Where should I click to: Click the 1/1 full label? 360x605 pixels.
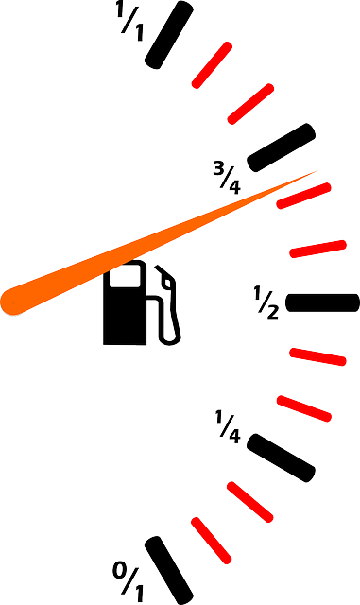click(x=130, y=23)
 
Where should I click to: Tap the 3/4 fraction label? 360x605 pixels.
click(x=227, y=178)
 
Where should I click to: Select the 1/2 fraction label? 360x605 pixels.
click(x=266, y=302)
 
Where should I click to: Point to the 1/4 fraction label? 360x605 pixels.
click(x=228, y=426)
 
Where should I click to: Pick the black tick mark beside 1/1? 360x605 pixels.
click(x=169, y=35)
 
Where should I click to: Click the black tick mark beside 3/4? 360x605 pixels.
click(x=282, y=147)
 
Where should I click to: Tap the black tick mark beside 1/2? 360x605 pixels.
click(x=322, y=302)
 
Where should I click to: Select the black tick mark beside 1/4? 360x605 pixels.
click(x=282, y=458)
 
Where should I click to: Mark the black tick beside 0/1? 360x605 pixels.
click(x=169, y=570)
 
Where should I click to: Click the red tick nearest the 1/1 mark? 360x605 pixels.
click(x=213, y=65)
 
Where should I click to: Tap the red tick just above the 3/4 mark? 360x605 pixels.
click(x=250, y=104)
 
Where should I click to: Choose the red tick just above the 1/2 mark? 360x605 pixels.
click(x=318, y=249)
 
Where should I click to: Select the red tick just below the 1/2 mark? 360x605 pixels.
click(x=318, y=356)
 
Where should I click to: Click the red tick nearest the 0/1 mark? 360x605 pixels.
click(x=212, y=541)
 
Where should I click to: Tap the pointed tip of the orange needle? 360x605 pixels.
click(x=317, y=171)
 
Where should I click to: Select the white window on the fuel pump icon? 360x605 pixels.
click(x=124, y=276)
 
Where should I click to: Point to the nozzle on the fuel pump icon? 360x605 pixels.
click(x=166, y=275)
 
